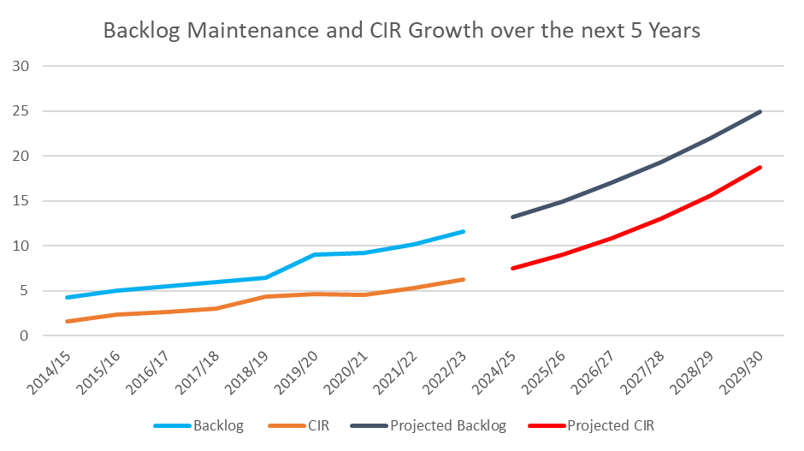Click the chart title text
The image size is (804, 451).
[401, 31]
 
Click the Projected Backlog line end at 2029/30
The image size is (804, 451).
[760, 111]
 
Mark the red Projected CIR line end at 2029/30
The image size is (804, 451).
[760, 168]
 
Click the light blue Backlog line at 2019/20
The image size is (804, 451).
[316, 254]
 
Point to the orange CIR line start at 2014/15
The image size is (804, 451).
[68, 322]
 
